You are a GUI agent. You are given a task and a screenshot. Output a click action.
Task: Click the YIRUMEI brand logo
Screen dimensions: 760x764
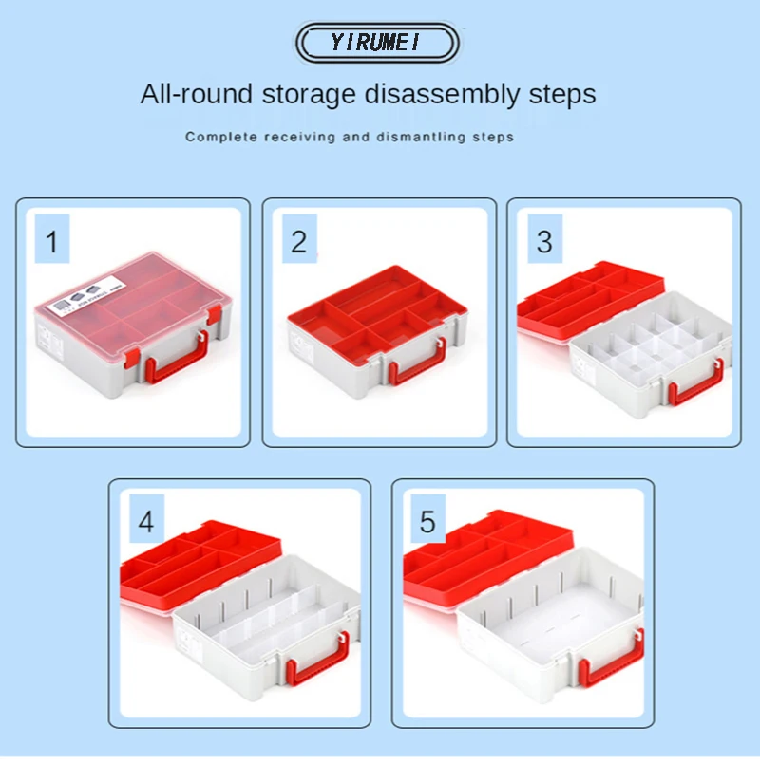pos(376,43)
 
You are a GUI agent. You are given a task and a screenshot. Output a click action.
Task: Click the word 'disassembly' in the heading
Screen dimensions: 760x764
pos(443,94)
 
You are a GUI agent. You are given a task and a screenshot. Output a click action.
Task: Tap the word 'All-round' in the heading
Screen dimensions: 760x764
pos(197,94)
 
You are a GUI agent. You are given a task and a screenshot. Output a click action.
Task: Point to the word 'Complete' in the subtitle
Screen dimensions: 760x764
pos(221,137)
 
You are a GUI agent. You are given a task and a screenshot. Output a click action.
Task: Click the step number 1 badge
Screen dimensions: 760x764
pos(52,238)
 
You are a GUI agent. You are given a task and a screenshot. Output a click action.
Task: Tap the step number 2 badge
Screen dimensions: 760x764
pos(299,238)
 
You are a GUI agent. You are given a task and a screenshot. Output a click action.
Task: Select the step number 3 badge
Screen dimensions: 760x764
pos(545,238)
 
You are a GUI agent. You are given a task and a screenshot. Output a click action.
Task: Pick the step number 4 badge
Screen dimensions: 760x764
pos(147,518)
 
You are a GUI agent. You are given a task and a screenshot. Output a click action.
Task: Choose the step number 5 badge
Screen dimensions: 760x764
pos(427,518)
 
